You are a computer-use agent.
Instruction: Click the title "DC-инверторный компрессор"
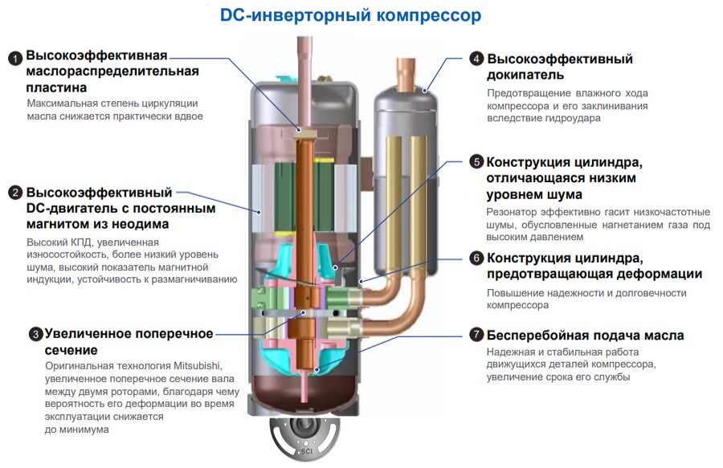click(350, 15)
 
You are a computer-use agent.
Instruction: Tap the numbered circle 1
click(15, 59)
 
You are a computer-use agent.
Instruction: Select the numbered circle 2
click(15, 193)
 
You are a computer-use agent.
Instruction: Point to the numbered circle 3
click(35, 334)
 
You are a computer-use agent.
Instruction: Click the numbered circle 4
click(476, 59)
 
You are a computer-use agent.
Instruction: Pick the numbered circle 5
click(476, 161)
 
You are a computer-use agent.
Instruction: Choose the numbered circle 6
click(476, 258)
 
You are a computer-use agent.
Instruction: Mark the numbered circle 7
click(476, 335)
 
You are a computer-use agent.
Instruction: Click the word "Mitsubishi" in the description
click(198, 366)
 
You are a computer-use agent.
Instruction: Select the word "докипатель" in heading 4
click(525, 75)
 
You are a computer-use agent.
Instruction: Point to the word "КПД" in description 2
click(81, 242)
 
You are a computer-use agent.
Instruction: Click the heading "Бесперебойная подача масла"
click(585, 336)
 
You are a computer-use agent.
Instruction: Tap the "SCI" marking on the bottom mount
click(306, 451)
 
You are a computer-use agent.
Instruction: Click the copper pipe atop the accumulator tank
click(406, 73)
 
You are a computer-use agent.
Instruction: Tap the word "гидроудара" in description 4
click(573, 118)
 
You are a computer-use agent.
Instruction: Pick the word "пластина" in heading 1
click(56, 87)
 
